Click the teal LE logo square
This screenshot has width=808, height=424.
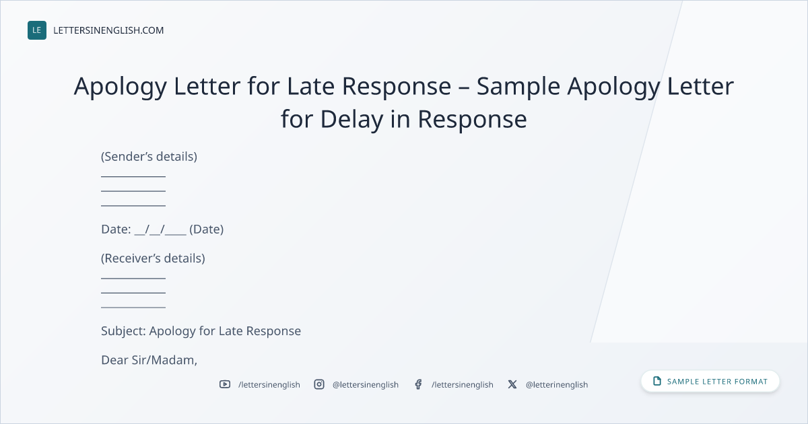(37, 30)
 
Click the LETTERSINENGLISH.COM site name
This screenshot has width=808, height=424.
(108, 30)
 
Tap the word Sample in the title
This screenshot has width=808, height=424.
(518, 87)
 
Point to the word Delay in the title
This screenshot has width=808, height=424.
(351, 120)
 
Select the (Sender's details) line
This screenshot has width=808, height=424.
(149, 157)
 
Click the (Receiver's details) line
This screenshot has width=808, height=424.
(153, 258)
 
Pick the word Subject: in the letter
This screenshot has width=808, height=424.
(123, 331)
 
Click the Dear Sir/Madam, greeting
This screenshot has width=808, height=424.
(149, 360)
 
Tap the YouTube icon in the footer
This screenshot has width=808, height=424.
(225, 384)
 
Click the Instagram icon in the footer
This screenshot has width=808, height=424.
(319, 384)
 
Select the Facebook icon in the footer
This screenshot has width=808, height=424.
(418, 384)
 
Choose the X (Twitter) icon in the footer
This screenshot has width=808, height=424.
(512, 384)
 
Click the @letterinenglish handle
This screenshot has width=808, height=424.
(557, 385)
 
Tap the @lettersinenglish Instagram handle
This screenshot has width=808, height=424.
(366, 385)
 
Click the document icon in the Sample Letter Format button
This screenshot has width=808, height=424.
(657, 381)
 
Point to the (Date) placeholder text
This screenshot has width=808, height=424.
(206, 229)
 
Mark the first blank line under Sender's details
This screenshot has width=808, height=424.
(133, 176)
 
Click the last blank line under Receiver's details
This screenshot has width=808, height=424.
(133, 308)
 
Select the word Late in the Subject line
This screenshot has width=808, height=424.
(231, 331)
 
